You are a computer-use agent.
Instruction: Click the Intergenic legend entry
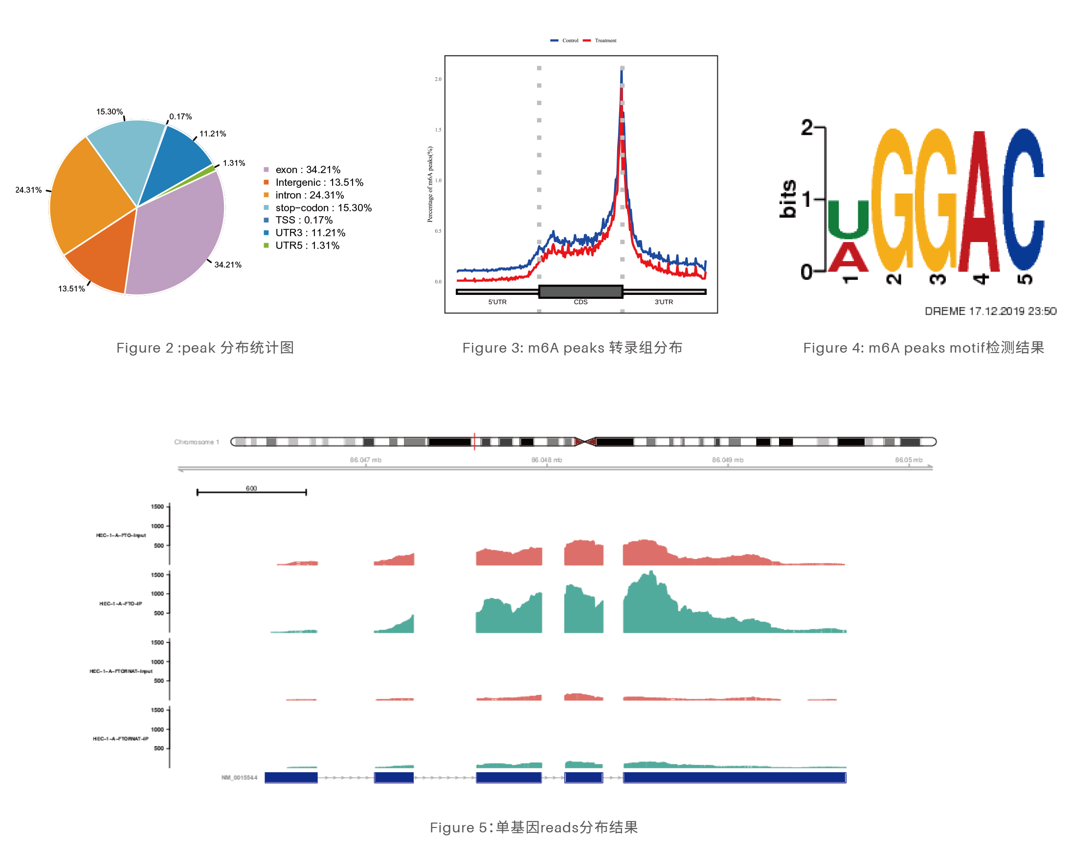(x=319, y=182)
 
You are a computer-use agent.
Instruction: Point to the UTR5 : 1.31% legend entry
(x=307, y=246)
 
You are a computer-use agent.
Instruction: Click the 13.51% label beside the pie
(x=71, y=289)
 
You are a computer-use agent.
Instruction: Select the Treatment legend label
(x=605, y=41)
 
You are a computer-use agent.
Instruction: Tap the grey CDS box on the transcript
(x=580, y=291)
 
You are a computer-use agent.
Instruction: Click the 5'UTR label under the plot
(x=497, y=302)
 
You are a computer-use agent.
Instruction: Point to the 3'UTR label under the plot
(x=663, y=302)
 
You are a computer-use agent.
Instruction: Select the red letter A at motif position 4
(x=979, y=203)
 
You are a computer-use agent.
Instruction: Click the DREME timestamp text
(x=990, y=311)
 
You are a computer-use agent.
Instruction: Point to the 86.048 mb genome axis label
(x=546, y=460)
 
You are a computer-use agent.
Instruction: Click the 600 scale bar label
(x=251, y=489)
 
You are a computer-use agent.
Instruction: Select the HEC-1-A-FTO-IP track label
(x=121, y=603)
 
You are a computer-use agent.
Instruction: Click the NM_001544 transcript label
(x=240, y=778)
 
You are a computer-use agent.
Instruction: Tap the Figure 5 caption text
(x=534, y=827)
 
